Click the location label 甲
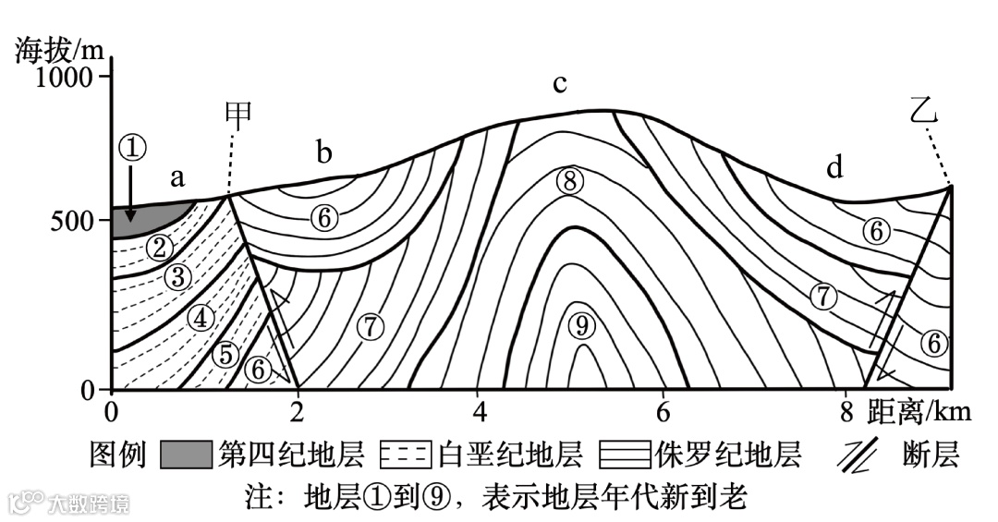pyautogui.click(x=238, y=114)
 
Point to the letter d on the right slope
pyautogui.click(x=835, y=167)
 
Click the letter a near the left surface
pyautogui.click(x=177, y=178)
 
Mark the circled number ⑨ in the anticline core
pyautogui.click(x=579, y=324)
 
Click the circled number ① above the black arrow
pyautogui.click(x=132, y=147)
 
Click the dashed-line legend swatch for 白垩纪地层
pyautogui.click(x=406, y=455)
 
